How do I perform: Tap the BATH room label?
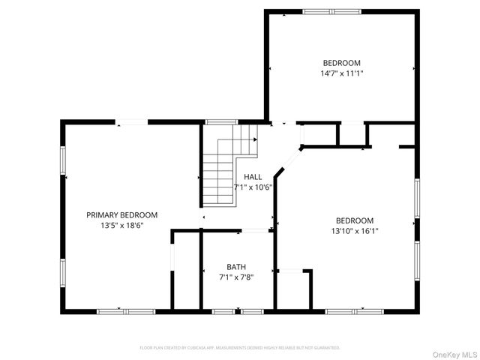236,267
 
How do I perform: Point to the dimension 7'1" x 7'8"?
236,277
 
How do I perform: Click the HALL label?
253,177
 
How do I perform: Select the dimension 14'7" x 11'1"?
341,73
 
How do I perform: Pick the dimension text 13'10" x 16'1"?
354,231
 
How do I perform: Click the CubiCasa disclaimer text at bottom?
240,348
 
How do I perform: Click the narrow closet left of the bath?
186,270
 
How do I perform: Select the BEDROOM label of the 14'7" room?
341,63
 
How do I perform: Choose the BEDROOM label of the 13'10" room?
354,220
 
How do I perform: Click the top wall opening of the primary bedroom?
132,121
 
